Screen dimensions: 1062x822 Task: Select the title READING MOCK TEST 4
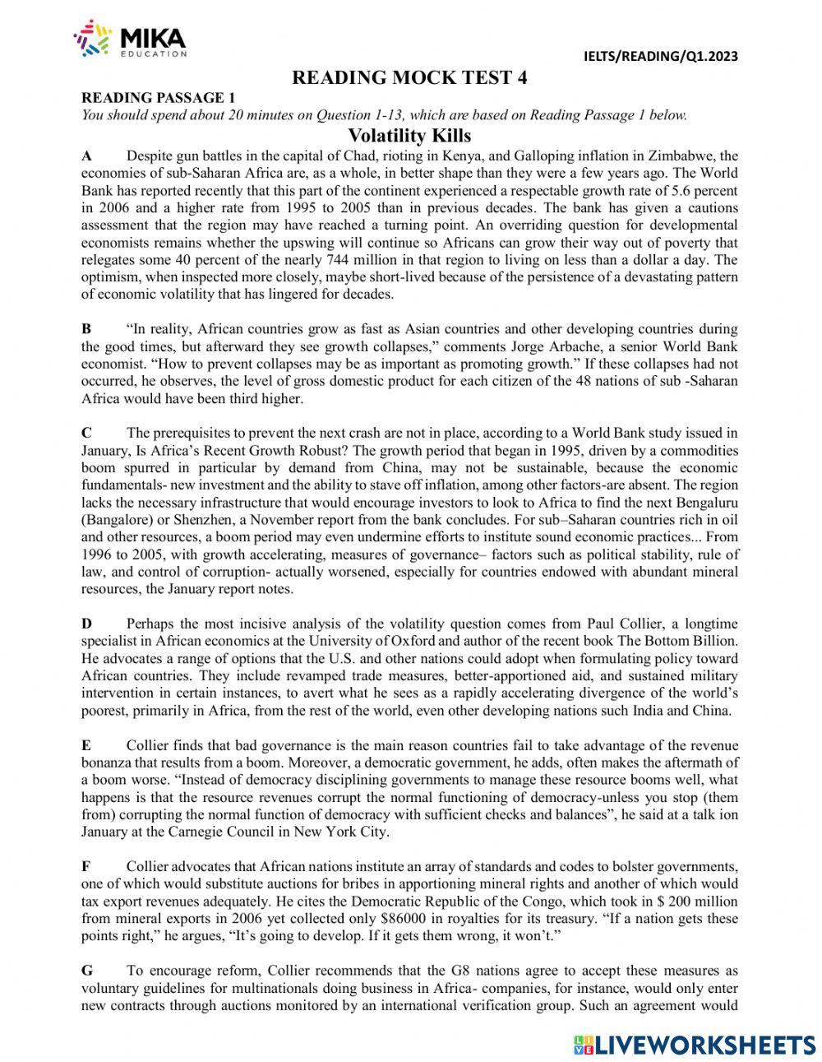point(409,78)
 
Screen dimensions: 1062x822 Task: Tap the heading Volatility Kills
point(409,135)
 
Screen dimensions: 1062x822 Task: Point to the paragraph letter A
point(86,155)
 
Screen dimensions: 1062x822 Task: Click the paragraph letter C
point(86,433)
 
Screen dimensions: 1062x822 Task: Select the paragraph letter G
point(87,971)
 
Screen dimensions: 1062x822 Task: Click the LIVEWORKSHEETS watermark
point(695,1044)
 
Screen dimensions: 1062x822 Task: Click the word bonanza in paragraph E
point(108,763)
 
